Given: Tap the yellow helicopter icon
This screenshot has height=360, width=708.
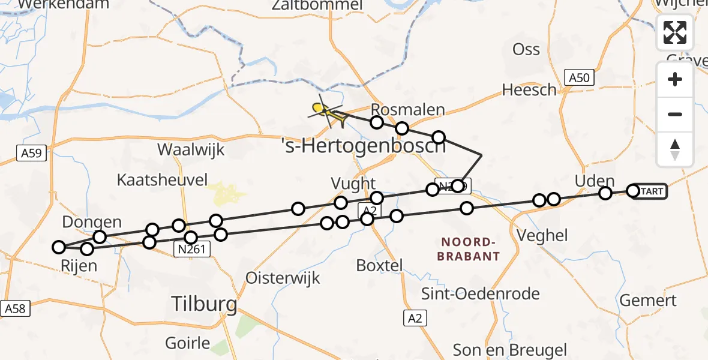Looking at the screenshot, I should click(328, 112).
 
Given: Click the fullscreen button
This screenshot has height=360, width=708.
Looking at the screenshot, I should click(675, 32).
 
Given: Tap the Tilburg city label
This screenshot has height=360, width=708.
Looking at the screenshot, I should click(204, 304).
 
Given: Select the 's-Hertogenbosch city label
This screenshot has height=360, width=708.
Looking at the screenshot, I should click(364, 146).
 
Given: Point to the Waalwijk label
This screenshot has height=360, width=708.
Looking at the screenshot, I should click(191, 149).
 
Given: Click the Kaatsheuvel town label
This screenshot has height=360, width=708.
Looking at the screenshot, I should click(162, 179).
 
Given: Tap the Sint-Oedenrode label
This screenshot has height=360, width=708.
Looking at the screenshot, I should click(480, 294).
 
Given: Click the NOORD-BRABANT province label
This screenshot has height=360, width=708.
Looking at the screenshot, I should click(470, 249).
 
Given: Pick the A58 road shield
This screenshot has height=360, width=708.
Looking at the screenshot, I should click(16, 308).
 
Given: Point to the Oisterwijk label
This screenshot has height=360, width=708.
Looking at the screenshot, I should click(283, 278).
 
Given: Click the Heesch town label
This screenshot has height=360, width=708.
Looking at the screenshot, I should click(529, 90).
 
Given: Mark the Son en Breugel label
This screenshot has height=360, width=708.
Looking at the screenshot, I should click(509, 349).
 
